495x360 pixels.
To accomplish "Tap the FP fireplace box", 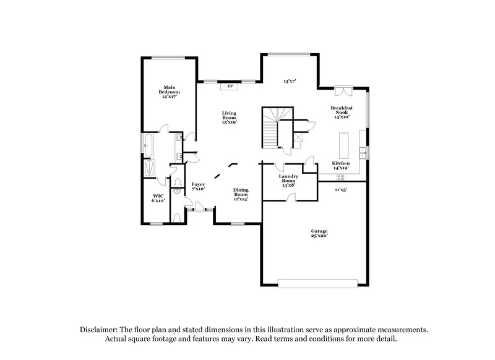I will (231, 86).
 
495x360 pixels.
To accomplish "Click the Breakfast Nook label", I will (342, 111).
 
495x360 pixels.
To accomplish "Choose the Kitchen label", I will (341, 165).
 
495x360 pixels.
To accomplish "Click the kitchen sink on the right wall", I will (366, 151).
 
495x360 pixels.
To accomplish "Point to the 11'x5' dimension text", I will (341, 189).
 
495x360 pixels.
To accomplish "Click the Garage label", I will (319, 233).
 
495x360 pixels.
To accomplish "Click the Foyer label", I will (198, 186).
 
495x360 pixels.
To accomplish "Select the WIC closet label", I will (158, 198).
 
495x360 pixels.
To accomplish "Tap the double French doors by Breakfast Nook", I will (342, 90).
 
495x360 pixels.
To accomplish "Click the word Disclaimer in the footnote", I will (101, 330).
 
